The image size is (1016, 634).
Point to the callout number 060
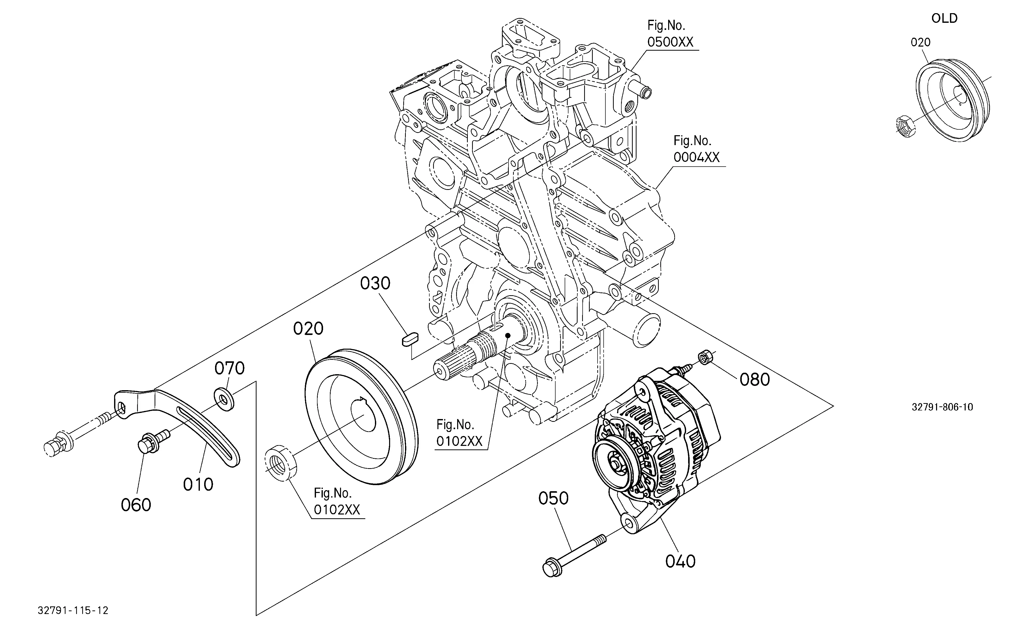[x=136, y=505]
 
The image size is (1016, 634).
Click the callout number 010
[x=198, y=485]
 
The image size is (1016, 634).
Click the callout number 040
[x=680, y=561]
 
